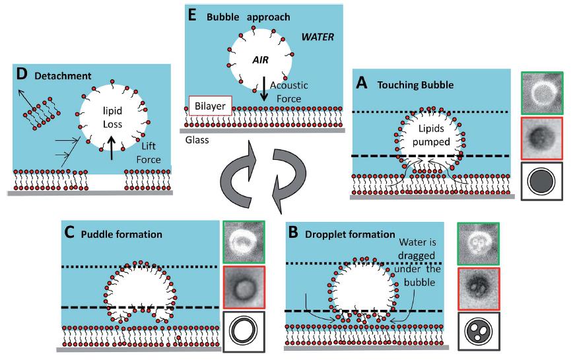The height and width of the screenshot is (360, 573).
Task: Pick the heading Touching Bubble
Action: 404,85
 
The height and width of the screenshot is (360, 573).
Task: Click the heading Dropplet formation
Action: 347,234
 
